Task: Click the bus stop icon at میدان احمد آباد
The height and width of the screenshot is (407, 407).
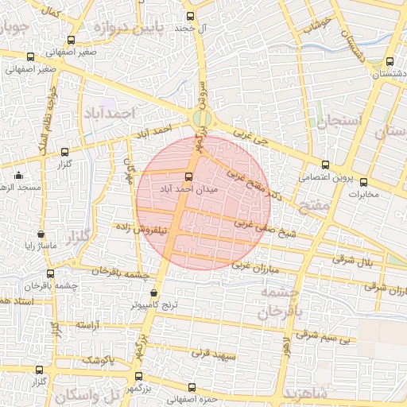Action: coord(188,177)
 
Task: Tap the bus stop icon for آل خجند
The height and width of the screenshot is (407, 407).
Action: coord(189,16)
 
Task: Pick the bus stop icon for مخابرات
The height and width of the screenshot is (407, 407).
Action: coord(364,182)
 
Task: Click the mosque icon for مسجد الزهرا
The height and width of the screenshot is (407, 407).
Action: coord(19,175)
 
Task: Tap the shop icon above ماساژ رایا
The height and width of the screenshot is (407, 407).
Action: coord(41,235)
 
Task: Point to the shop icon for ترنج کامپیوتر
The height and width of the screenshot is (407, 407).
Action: coord(153,293)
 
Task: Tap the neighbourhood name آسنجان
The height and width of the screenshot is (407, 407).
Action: coord(339,121)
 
